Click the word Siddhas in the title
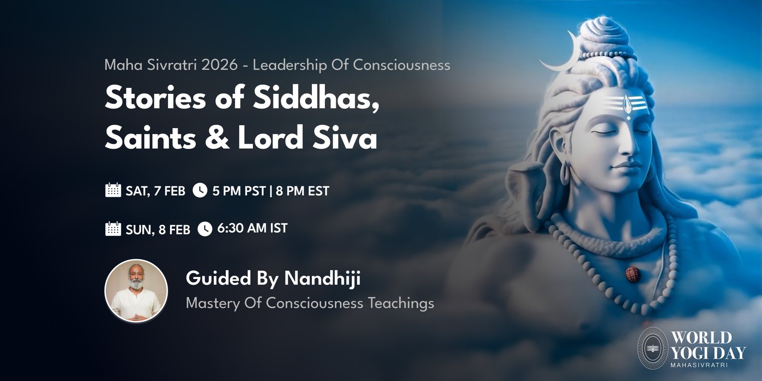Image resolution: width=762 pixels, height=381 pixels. tap(316, 98)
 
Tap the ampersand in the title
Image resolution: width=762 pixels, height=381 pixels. tap(217, 138)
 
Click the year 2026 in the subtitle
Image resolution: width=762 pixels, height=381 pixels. tap(220, 65)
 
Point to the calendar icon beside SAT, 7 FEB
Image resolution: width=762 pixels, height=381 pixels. tap(113, 190)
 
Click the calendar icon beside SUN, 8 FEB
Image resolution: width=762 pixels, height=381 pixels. tap(113, 229)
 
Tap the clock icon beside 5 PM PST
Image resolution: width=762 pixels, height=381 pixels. tap(200, 190)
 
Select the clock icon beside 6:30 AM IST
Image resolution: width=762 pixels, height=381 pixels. tap(205, 229)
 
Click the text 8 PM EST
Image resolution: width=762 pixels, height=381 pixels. tap(302, 191)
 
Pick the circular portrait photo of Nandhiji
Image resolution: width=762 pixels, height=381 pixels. tap(136, 291)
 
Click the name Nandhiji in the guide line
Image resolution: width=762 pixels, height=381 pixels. tap(322, 278)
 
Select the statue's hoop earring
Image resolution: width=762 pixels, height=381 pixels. tap(564, 173)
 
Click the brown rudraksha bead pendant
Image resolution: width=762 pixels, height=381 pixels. tap(633, 274)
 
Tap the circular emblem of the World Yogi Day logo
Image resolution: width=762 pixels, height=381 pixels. tap(652, 348)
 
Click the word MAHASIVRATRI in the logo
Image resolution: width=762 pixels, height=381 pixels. tap(699, 365)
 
